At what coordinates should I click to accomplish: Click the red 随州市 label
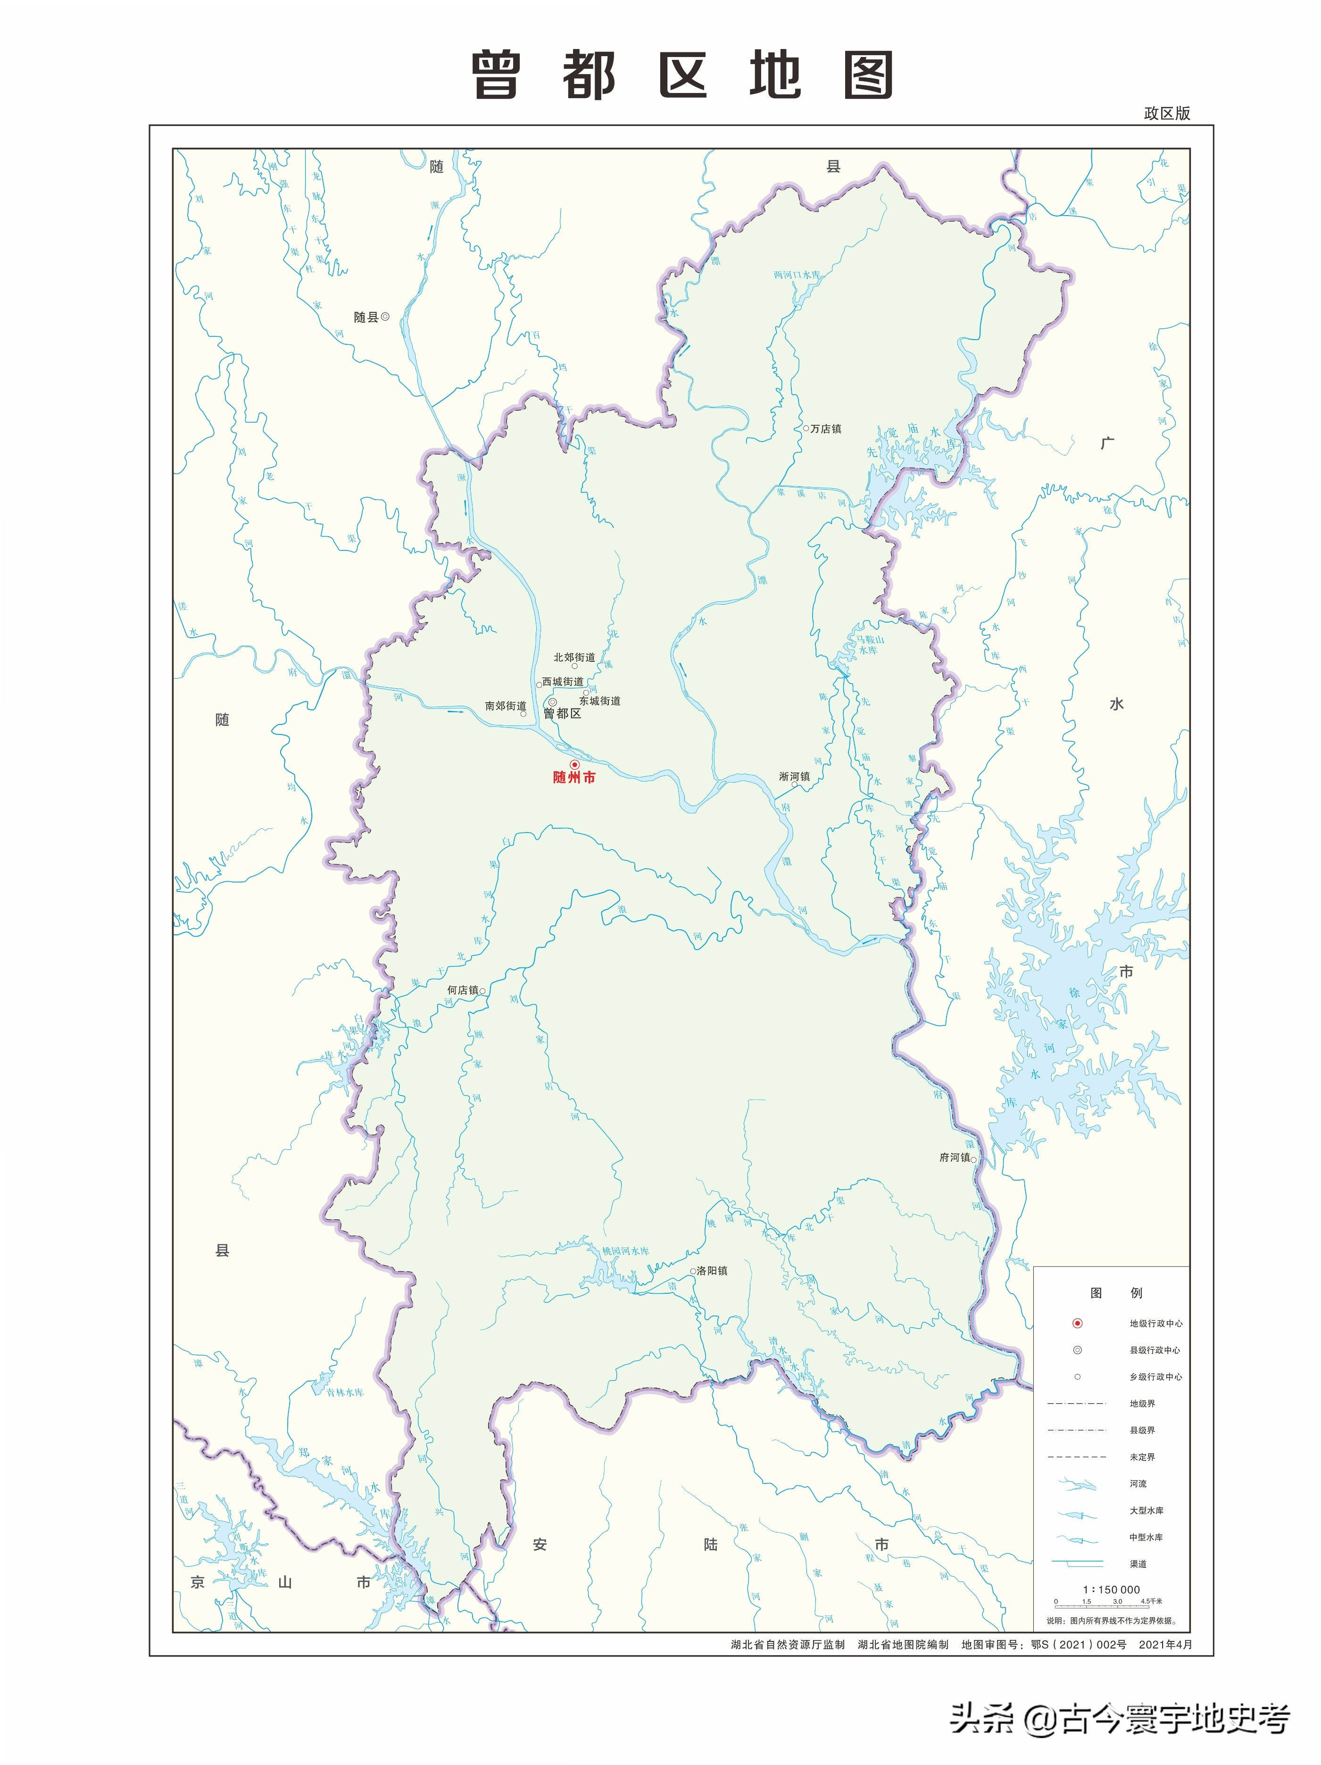573,777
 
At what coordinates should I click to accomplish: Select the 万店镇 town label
826,428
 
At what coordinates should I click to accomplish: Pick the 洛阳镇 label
712,1270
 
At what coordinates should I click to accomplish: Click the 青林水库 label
345,1392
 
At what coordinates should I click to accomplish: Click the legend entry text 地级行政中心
1155,1324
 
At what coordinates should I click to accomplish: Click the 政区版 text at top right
1166,113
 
